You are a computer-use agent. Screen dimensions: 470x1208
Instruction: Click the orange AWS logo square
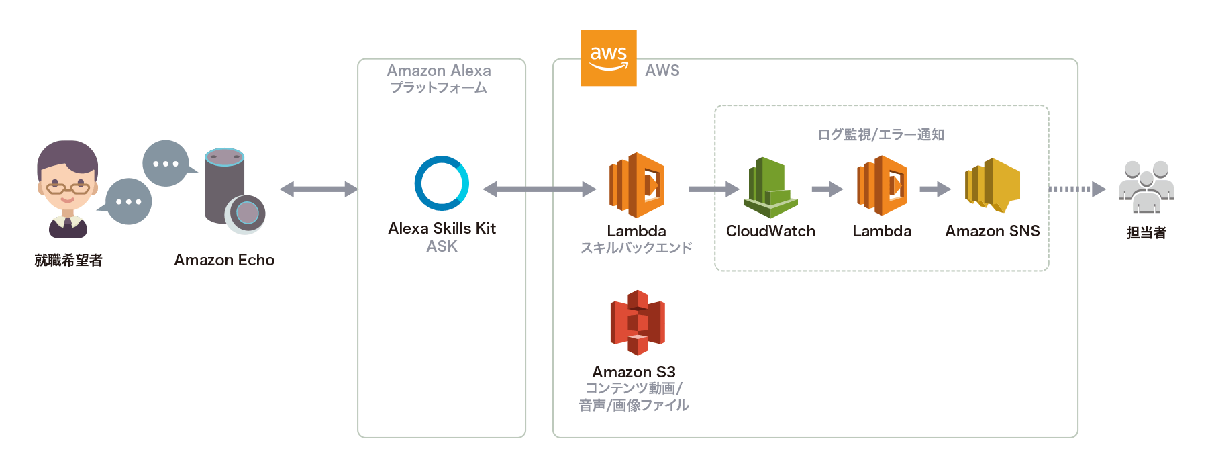pos(608,58)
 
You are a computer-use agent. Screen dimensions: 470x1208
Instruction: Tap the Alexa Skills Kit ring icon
pos(442,183)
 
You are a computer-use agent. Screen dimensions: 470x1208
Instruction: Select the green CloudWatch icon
pos(770,187)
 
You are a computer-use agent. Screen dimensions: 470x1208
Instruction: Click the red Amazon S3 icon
pos(638,322)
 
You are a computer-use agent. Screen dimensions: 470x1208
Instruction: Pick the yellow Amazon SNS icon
pos(993,185)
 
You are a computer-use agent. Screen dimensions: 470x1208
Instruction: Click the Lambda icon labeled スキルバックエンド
pos(636,185)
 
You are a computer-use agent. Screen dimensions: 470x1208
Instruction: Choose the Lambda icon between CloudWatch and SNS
pos(882,185)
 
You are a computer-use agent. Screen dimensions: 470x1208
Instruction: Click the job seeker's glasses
pos(68,187)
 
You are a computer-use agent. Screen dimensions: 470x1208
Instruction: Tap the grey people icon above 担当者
pos(1146,187)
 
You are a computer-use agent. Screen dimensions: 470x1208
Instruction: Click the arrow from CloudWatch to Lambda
pos(827,189)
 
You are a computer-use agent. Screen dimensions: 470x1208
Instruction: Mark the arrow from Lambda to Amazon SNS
pos(935,189)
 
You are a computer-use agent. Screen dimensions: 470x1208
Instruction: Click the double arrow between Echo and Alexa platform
pos(319,189)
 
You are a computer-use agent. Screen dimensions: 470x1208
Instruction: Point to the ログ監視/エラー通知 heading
pos(880,135)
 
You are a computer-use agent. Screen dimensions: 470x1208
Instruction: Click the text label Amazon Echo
pos(224,260)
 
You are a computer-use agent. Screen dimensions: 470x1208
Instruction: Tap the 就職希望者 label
pos(68,260)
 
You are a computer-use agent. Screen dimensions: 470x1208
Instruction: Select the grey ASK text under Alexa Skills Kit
pos(442,246)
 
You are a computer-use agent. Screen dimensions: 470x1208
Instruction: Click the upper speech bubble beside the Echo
pos(166,163)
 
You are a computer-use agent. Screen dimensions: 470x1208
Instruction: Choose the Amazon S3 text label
pos(634,371)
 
